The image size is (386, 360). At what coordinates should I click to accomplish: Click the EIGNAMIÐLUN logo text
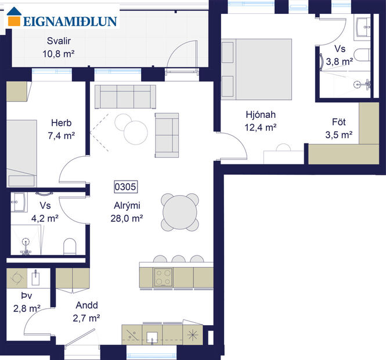(x=70, y=21)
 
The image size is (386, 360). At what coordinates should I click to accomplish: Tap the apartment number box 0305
(x=125, y=187)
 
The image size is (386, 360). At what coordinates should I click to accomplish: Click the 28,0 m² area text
(x=127, y=218)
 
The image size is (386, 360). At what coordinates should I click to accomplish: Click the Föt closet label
(x=340, y=124)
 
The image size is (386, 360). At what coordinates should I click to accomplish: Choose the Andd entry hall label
(x=86, y=305)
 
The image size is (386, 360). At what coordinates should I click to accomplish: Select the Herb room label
(x=61, y=123)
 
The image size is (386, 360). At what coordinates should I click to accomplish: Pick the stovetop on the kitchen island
(x=163, y=277)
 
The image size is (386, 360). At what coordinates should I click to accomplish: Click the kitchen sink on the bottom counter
(x=154, y=336)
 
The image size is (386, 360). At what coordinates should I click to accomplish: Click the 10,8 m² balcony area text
(x=60, y=53)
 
